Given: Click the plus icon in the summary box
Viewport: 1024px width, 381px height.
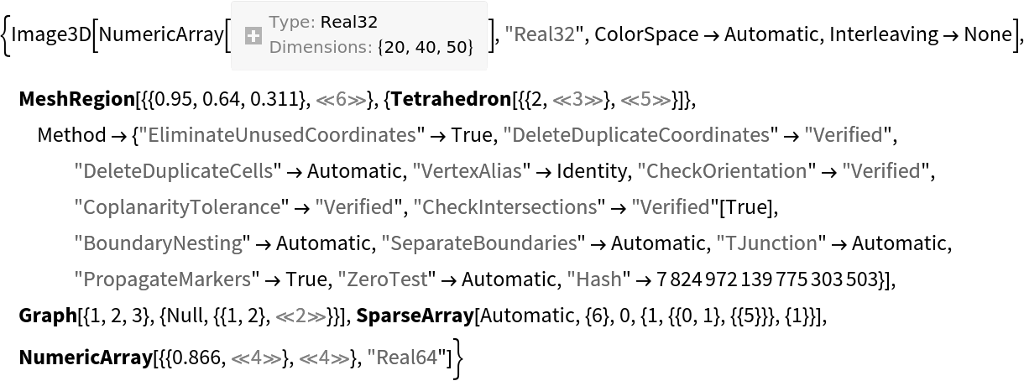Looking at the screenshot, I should tap(253, 35).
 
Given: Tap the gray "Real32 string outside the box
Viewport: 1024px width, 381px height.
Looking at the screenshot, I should tap(539, 34).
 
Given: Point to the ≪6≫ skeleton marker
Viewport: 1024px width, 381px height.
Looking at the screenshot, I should tap(341, 100).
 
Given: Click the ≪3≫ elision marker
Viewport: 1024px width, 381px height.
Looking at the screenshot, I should tap(577, 100).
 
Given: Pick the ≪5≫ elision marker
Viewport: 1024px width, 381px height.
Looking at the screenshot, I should tap(645, 100).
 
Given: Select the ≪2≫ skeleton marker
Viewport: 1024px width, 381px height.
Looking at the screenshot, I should tap(300, 316).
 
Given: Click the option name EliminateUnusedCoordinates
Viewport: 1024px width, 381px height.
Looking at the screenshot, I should tap(277, 135).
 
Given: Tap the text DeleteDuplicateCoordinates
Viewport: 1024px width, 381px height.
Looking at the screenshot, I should tap(636, 135).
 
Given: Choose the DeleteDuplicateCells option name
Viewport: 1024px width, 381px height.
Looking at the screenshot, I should tap(174, 171).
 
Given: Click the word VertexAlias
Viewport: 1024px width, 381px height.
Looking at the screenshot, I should tap(467, 171).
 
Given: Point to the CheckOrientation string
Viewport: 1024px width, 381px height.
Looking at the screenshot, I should tap(722, 171).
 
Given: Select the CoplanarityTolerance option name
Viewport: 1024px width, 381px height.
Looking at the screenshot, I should tap(177, 207).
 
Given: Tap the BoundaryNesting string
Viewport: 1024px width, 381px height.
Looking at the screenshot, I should tap(158, 243).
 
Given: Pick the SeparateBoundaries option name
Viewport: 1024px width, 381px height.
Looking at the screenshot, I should tap(479, 243).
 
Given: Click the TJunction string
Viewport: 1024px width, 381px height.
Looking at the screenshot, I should tap(766, 243).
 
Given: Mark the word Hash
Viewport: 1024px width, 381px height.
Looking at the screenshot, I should tap(594, 279).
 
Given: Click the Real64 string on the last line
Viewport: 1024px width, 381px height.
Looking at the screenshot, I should tap(403, 358).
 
